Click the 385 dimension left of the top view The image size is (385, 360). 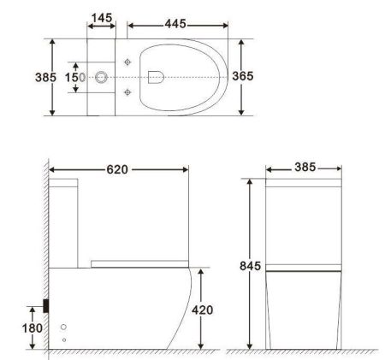pos(45,77)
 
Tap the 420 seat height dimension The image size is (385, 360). pos(202,310)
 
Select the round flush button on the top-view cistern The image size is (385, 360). pos(102,77)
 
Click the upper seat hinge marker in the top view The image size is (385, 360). pos(127,62)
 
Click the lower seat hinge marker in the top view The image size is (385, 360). pos(127,92)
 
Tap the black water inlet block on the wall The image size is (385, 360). pos(47,305)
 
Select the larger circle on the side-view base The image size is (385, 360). pos(63,328)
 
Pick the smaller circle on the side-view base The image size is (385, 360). pos(64,340)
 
